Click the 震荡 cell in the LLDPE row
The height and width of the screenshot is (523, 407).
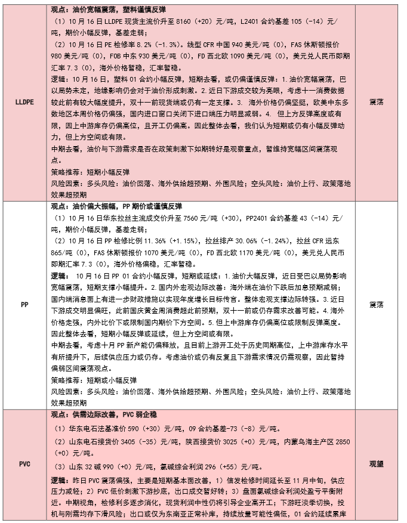pos(377,100)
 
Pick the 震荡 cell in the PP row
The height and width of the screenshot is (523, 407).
pos(377,304)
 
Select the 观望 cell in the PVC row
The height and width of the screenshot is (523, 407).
pos(377,463)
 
